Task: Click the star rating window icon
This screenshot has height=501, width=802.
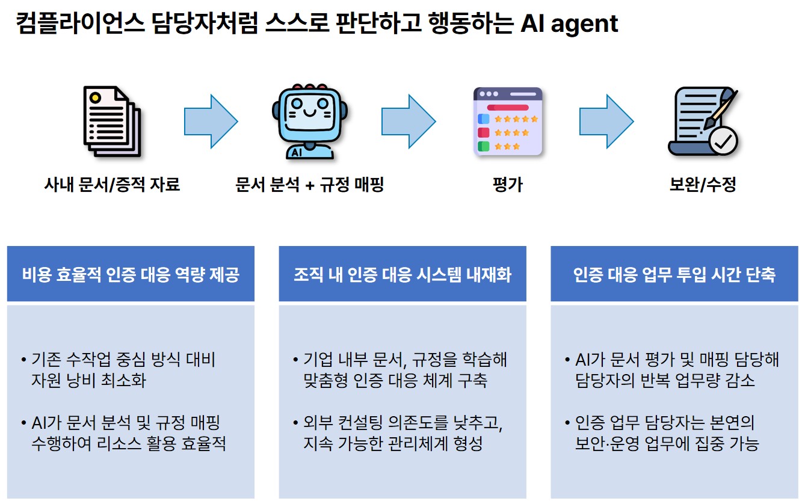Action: pyautogui.click(x=508, y=122)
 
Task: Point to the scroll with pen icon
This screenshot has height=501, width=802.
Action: pyautogui.click(x=701, y=122)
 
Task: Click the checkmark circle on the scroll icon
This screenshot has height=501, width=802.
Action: pyautogui.click(x=723, y=141)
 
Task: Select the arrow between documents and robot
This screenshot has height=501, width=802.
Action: pyautogui.click(x=211, y=121)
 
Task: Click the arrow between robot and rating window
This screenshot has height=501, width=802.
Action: pyautogui.click(x=409, y=121)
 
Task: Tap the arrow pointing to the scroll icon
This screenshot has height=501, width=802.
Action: pyautogui.click(x=606, y=121)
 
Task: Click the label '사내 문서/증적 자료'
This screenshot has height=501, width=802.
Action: pyautogui.click(x=112, y=184)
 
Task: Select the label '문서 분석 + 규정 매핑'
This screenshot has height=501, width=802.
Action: pyautogui.click(x=309, y=184)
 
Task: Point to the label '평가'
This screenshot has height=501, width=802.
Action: pyautogui.click(x=508, y=184)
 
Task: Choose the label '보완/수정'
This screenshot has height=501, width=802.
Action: pyautogui.click(x=703, y=184)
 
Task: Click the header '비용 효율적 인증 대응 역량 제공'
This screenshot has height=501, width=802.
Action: pyautogui.click(x=131, y=275)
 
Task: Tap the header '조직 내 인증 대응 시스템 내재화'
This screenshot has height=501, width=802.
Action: pyautogui.click(x=403, y=275)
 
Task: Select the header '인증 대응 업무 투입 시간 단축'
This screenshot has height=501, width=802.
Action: pyautogui.click(x=674, y=275)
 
